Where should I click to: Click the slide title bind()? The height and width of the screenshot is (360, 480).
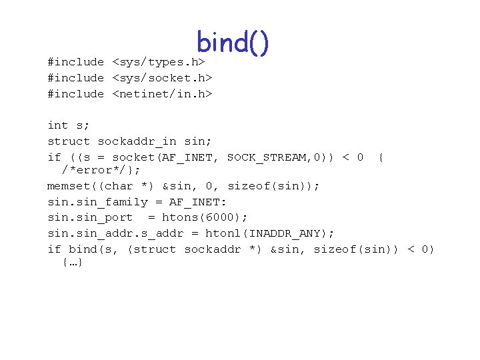click(233, 43)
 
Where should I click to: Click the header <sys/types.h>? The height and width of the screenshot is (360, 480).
click(161, 62)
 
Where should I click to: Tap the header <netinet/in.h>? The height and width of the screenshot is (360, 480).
click(161, 94)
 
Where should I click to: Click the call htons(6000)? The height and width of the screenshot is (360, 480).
click(205, 217)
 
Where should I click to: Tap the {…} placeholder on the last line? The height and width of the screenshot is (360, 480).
click(72, 263)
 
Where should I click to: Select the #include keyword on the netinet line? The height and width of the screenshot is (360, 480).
click(75, 94)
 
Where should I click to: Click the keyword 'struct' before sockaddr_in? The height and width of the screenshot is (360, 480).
click(69, 141)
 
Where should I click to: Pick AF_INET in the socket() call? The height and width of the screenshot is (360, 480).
click(198, 157)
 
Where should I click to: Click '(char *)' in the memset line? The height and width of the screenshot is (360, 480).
click(129, 186)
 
